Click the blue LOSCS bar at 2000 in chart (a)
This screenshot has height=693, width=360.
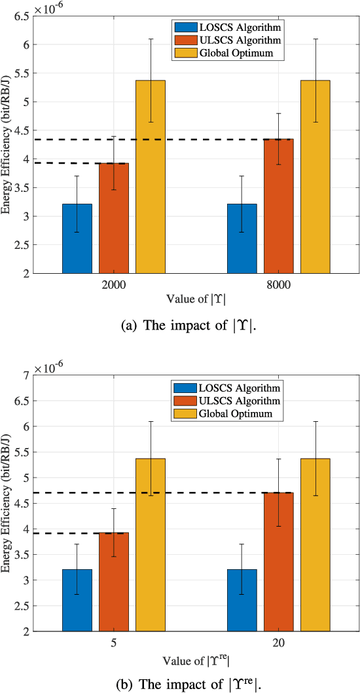[x=77, y=238]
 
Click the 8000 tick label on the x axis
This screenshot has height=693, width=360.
[x=279, y=286]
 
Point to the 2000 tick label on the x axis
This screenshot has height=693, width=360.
[x=114, y=286]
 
